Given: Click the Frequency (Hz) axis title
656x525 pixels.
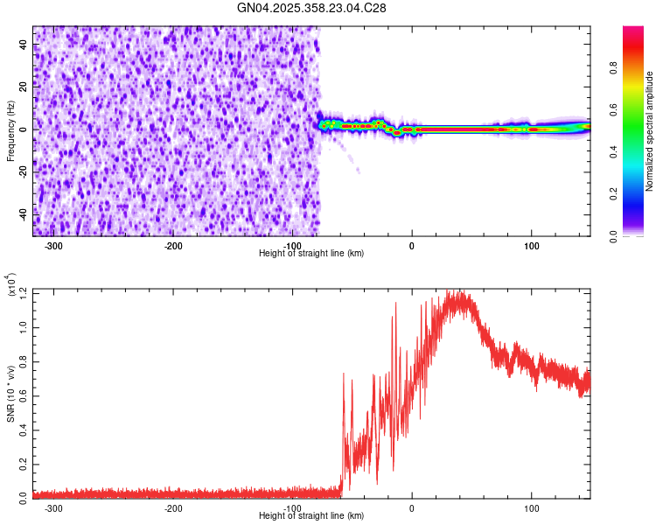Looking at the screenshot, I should point(10,131).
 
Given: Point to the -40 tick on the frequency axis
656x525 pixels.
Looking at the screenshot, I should point(24,213).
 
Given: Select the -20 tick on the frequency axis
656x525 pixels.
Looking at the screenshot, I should point(24,171).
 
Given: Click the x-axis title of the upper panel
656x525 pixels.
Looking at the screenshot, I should point(311,254).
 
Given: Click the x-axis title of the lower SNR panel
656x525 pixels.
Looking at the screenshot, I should point(311,516).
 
